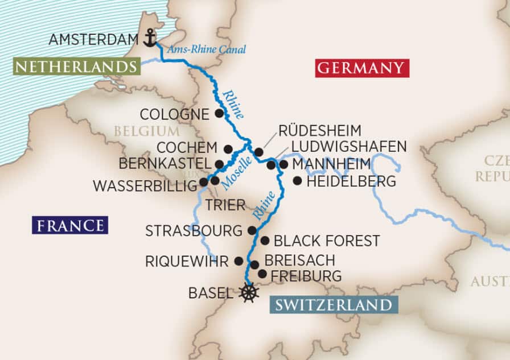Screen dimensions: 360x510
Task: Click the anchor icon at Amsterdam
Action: tap(150, 38)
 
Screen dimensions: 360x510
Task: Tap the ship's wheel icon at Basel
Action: tap(249, 293)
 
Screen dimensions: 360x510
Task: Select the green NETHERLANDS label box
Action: tap(76, 67)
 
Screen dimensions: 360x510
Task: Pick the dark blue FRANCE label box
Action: tap(70, 225)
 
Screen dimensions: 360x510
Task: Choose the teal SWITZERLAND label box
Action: tap(334, 304)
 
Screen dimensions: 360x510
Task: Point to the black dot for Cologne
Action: tap(219, 113)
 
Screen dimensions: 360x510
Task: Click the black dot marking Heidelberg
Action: tap(297, 181)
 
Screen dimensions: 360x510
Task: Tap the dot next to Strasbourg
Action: tap(252, 230)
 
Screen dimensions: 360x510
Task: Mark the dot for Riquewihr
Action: tap(239, 261)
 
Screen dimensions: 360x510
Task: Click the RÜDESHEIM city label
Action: tap(319, 130)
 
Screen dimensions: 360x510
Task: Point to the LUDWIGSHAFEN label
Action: tap(348, 146)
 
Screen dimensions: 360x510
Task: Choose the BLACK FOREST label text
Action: tap(327, 241)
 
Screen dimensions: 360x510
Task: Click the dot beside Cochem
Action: tap(228, 149)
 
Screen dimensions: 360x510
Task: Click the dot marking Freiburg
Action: tap(262, 274)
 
